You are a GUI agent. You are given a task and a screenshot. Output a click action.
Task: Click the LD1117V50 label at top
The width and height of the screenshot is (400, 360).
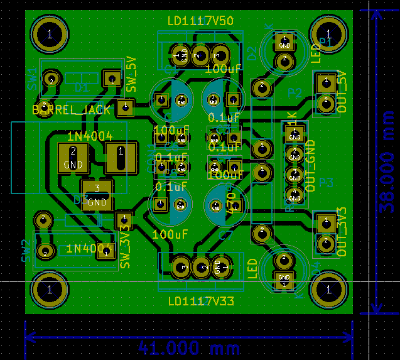pyautogui.click(x=200, y=21)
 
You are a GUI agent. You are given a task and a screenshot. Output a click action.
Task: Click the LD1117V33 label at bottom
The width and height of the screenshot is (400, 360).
pyautogui.click(x=201, y=302)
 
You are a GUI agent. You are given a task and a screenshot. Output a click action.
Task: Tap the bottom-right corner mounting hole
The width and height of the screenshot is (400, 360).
pyautogui.click(x=328, y=290)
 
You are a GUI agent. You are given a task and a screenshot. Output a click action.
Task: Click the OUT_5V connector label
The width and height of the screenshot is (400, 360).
pyautogui.click(x=342, y=93)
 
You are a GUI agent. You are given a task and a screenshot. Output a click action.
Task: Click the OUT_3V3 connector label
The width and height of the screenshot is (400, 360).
pyautogui.click(x=342, y=231)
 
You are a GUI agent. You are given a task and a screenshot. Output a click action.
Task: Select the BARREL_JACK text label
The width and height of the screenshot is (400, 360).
pyautogui.click(x=71, y=110)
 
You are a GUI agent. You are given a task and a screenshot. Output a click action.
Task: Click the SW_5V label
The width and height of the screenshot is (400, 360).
pyautogui.click(x=131, y=74)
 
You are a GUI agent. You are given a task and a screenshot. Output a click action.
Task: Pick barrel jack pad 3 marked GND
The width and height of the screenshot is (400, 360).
pyautogui.click(x=97, y=194)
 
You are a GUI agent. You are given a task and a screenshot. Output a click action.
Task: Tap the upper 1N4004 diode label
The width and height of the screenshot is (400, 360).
pyautogui.click(x=89, y=136)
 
